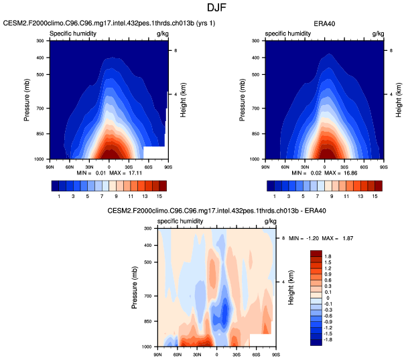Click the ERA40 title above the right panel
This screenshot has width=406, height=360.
pyautogui.click(x=324, y=23)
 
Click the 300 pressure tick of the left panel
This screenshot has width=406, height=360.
pyautogui.click(x=40, y=41)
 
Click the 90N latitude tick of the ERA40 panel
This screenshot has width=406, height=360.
pyautogui.click(x=265, y=164)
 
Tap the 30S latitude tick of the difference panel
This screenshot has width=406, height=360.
pyautogui.click(x=236, y=351)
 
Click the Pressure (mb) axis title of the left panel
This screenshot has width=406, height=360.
pyautogui.click(x=28, y=100)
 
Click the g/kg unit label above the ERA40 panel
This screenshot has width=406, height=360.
pyautogui.click(x=377, y=33)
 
